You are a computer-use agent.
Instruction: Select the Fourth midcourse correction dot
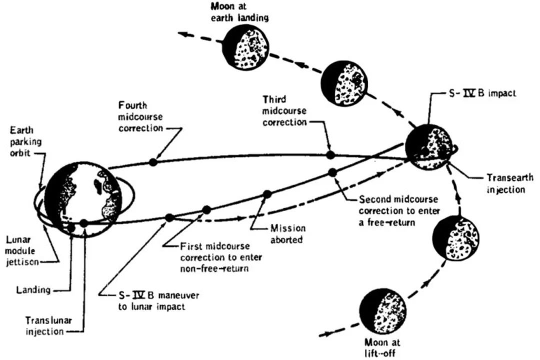[x=153, y=161]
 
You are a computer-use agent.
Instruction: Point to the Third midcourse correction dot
[x=329, y=154]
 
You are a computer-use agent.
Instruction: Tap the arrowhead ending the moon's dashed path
[x=184, y=34]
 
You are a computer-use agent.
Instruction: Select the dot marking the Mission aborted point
[x=267, y=194]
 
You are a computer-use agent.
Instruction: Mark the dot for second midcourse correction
[x=331, y=172]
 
